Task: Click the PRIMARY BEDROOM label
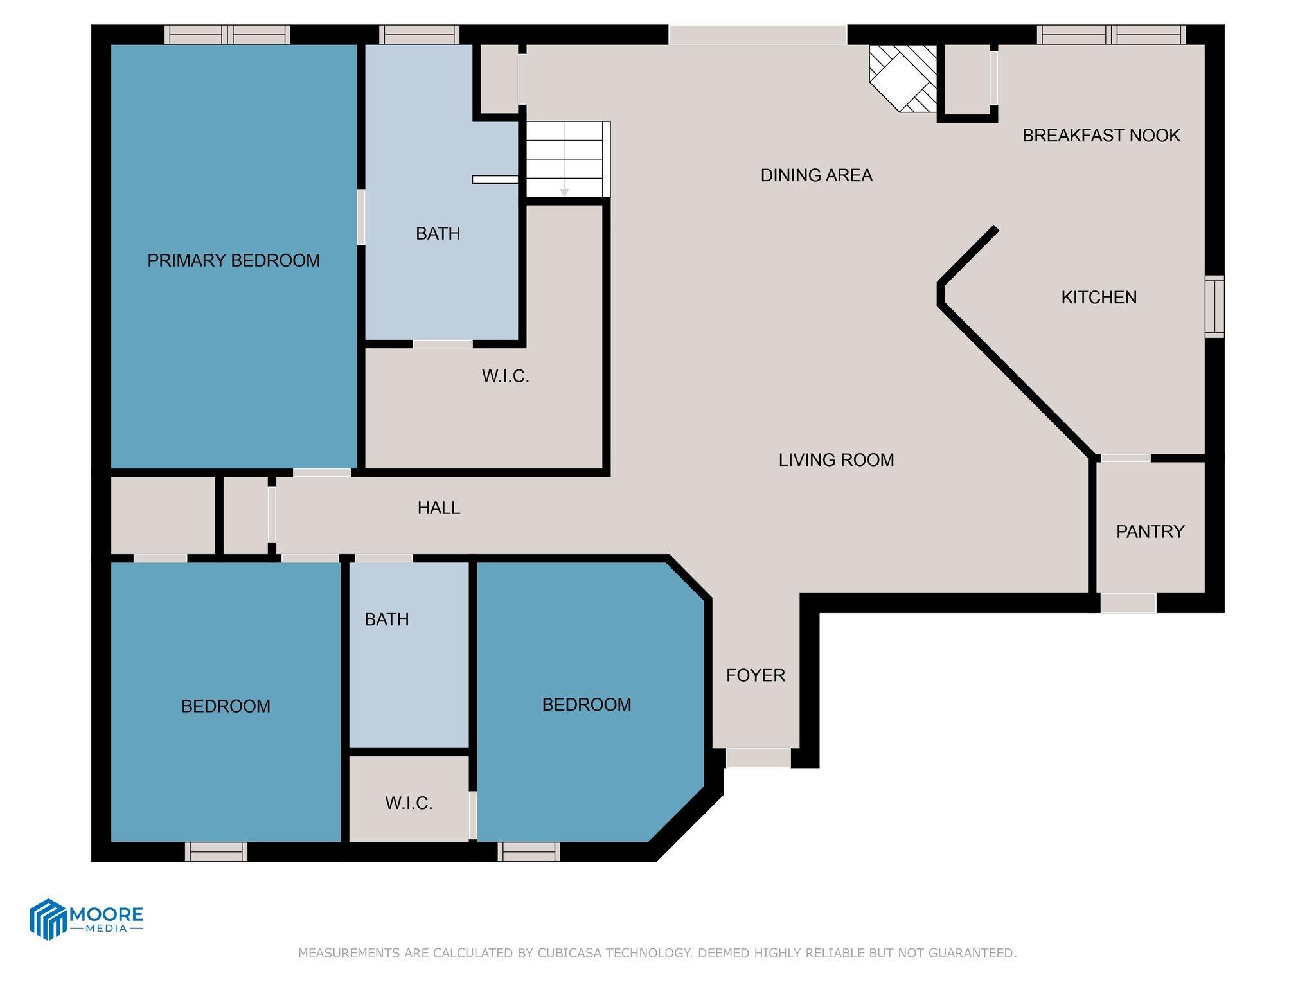(x=233, y=260)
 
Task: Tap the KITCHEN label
(x=1098, y=297)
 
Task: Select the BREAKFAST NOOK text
(x=1101, y=136)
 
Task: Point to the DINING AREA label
(x=816, y=175)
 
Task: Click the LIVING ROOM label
(x=836, y=459)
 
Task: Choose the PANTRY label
(x=1150, y=531)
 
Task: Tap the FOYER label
(x=755, y=675)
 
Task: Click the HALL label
(x=438, y=508)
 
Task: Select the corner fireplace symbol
(x=902, y=77)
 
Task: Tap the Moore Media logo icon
(x=49, y=919)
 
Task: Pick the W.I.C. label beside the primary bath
(x=505, y=377)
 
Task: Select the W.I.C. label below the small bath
(x=409, y=803)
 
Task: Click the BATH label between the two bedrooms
(x=386, y=619)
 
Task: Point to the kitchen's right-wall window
(x=1214, y=307)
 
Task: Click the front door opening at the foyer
(x=758, y=758)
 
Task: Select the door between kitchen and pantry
(x=1125, y=458)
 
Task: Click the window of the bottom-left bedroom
(x=216, y=852)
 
